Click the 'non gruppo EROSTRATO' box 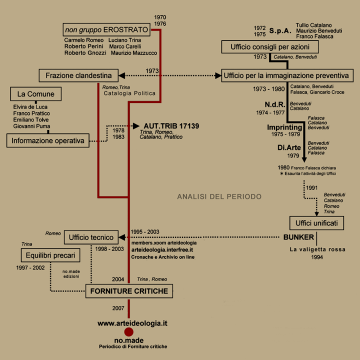click(x=106, y=29)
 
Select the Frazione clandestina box click(x=78, y=75)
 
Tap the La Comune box click(x=36, y=94)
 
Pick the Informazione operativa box click(x=48, y=140)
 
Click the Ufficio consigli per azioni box click(x=270, y=47)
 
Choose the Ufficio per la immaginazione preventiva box click(x=287, y=75)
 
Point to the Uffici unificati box click(x=316, y=223)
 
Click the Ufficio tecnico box click(x=91, y=237)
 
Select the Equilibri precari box click(x=50, y=255)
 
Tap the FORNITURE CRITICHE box click(x=129, y=291)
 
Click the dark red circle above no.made click(x=129, y=332)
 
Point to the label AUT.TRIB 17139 click(x=171, y=126)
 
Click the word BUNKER click(x=298, y=237)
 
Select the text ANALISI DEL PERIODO click(x=219, y=196)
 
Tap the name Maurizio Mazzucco click(x=134, y=53)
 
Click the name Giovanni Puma click(x=31, y=126)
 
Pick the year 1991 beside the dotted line click(x=311, y=188)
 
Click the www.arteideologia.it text click(x=132, y=323)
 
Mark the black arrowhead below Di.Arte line click(x=304, y=160)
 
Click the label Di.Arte click(x=289, y=147)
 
